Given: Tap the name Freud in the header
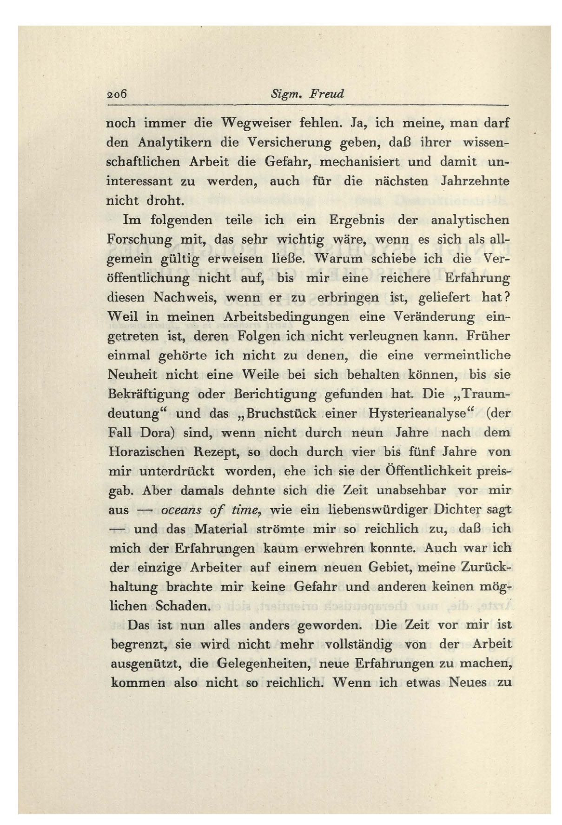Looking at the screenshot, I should pos(328,94).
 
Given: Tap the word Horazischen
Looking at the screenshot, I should pos(146,452).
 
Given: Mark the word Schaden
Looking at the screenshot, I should pos(183,607).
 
